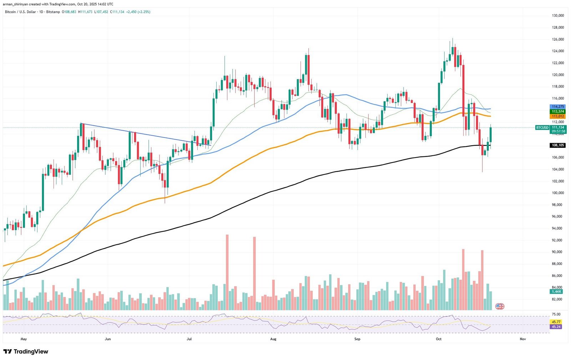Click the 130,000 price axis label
(558, 16)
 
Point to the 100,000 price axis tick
(558, 193)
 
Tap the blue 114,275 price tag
(558, 107)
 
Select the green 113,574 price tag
(558, 111)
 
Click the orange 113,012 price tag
(558, 116)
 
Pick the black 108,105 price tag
(558, 145)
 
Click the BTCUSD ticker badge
(542, 127)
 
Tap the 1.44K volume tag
(556, 292)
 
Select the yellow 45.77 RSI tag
(556, 322)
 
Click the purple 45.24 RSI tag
(556, 327)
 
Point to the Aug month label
(273, 339)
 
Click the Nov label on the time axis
(523, 339)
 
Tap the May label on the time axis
(24, 339)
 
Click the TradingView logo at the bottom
(25, 352)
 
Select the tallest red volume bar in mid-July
(227, 271)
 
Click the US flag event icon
(500, 306)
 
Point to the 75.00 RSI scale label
(556, 314)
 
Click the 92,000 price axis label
(558, 240)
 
